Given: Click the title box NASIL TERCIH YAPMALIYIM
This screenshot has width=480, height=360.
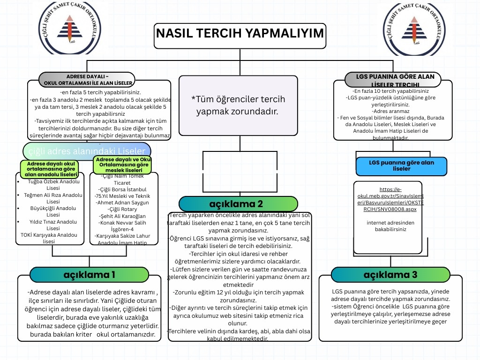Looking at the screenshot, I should [240, 34].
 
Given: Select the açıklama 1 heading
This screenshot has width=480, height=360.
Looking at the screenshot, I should [89, 274].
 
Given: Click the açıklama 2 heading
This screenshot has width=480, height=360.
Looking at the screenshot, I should [239, 204].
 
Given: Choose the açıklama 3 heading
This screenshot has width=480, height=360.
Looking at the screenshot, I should [390, 274].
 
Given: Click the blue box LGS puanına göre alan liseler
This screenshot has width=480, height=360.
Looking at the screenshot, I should [401, 165].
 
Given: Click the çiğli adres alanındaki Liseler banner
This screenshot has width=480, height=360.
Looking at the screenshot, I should [87, 151].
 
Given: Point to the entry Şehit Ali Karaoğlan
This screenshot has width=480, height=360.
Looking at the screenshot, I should [123, 216].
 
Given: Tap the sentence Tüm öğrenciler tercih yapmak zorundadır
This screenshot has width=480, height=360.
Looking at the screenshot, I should [238, 105].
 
